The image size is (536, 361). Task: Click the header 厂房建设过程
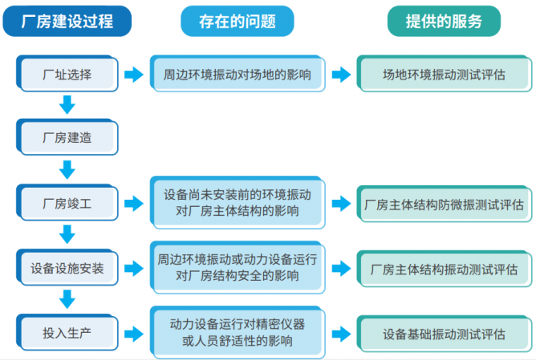tap(67, 22)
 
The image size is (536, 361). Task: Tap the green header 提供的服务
tap(444, 22)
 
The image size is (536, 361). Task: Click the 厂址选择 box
tap(67, 75)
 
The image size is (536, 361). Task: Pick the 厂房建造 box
tap(67, 137)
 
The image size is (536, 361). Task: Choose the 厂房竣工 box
tap(67, 204)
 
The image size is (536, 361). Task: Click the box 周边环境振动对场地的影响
tap(238, 75)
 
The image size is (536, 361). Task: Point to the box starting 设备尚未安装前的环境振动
tap(238, 204)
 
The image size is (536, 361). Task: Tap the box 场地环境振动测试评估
tap(444, 75)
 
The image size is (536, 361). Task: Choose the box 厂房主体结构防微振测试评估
tap(444, 204)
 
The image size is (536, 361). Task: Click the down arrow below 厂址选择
tap(67, 105)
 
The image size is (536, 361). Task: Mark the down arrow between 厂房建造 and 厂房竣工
tap(67, 169)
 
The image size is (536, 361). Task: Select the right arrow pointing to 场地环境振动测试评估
tap(341, 75)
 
